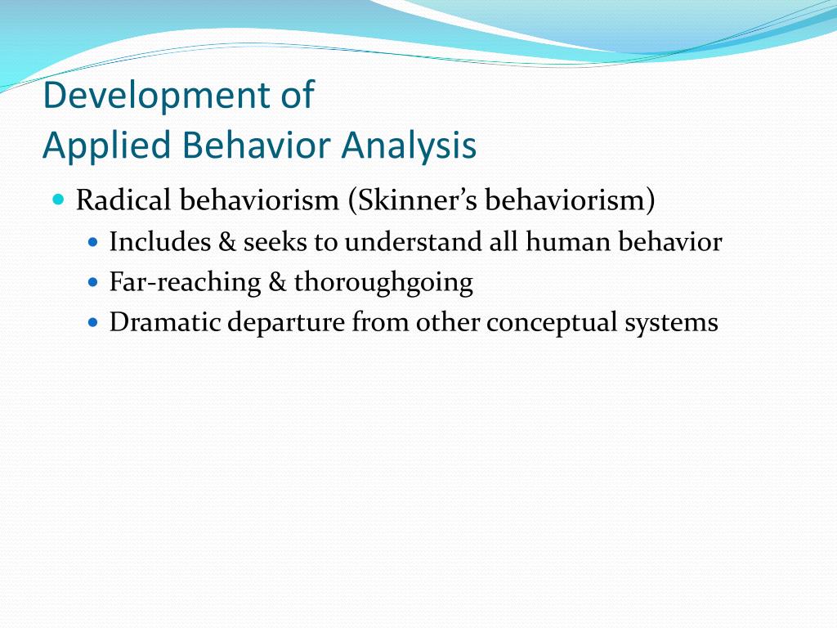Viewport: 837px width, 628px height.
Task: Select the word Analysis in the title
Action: [x=409, y=146]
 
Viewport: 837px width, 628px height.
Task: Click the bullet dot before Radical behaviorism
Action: [x=58, y=200]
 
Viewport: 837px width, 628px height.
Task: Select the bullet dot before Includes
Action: [x=92, y=243]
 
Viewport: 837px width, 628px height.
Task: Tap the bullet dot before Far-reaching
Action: [x=92, y=283]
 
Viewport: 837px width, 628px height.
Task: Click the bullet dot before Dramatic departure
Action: [x=92, y=323]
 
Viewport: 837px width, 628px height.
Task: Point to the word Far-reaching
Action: [x=185, y=283]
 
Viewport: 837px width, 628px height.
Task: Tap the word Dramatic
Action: [x=164, y=323]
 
